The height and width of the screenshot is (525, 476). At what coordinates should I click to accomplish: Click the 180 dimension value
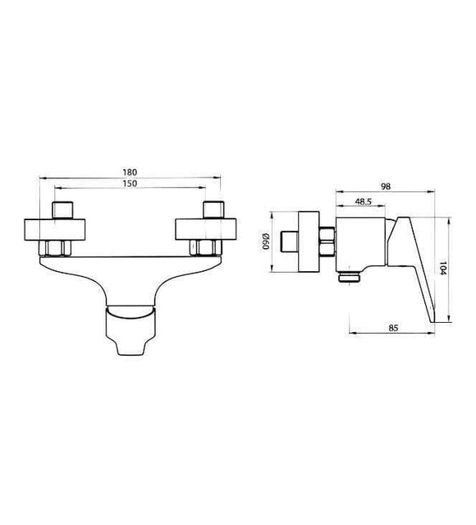coord(130,172)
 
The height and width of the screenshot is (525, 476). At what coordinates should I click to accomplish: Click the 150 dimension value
coord(130,183)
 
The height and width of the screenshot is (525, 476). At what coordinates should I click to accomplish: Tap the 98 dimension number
coord(386,187)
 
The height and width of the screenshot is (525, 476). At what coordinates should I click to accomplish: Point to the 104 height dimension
coord(442,268)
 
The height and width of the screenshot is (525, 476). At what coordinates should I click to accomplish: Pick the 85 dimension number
coord(394,328)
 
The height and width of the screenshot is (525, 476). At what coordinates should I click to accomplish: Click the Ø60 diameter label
coord(266,241)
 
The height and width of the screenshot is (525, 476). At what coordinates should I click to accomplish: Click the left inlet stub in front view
coord(62,210)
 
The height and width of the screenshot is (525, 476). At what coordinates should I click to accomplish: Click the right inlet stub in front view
coord(213,210)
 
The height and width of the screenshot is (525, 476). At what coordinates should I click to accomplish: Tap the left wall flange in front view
coord(54,230)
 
